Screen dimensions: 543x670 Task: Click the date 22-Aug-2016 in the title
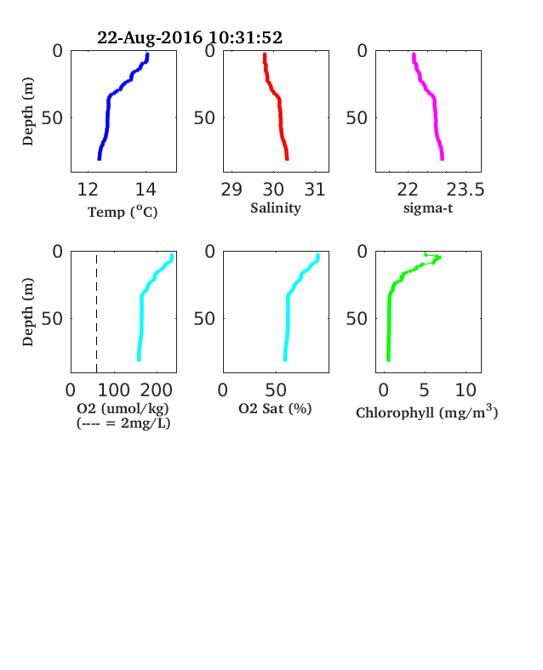(150, 37)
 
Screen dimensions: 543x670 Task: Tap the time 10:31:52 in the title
(245, 37)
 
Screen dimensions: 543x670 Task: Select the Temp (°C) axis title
(123, 212)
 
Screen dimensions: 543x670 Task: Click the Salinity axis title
(276, 208)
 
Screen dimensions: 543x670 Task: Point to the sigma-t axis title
(428, 208)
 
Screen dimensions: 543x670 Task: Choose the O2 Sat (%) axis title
(275, 409)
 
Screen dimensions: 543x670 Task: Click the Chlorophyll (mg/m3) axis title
(426, 412)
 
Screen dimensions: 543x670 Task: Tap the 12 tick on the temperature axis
(88, 190)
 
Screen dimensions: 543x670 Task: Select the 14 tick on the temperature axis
(146, 190)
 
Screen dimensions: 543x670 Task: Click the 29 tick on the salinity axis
(231, 190)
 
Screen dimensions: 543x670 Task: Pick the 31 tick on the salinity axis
(315, 190)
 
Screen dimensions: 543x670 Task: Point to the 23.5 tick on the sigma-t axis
(466, 190)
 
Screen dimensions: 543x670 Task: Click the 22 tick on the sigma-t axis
(408, 190)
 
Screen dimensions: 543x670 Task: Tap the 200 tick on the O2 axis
(156, 390)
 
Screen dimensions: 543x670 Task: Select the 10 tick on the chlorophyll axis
(466, 390)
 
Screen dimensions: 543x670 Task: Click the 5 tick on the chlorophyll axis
(424, 390)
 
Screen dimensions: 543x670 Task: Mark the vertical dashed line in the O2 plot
(97, 314)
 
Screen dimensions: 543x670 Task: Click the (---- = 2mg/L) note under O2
(123, 423)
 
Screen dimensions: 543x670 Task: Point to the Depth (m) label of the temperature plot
(28, 111)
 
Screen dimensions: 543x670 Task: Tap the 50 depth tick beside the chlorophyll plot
(357, 318)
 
